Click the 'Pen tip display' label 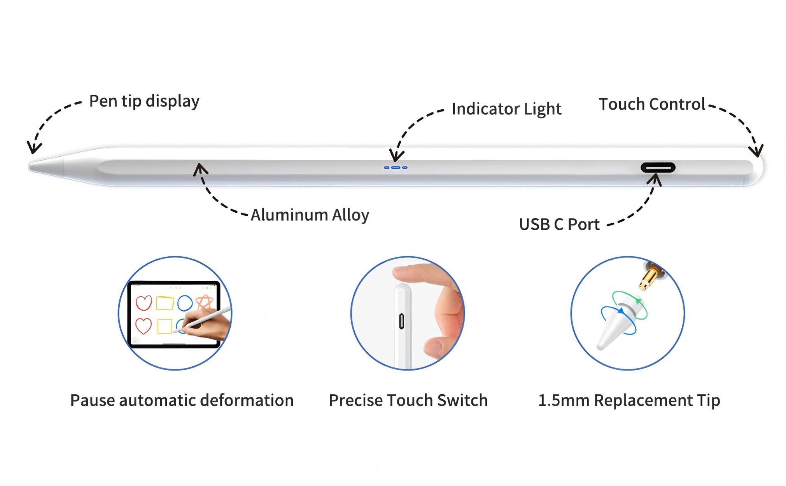point(144,101)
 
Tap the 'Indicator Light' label point(506,109)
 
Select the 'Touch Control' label point(652,104)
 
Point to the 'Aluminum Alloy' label point(310,215)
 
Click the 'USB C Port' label point(559,224)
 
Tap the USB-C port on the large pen point(658,168)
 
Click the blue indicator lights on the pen point(396,168)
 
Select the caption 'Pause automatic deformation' point(182,400)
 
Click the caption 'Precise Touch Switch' point(408,400)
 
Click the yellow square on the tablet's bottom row point(165,326)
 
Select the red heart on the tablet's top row point(144,303)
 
